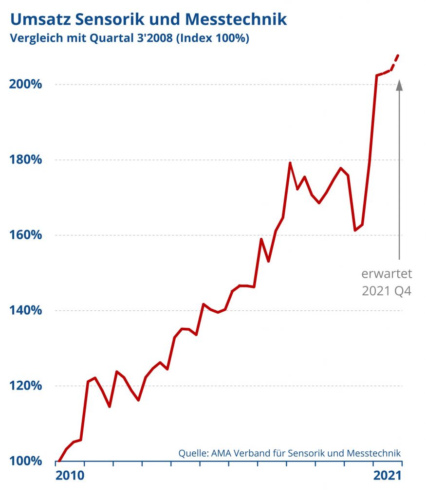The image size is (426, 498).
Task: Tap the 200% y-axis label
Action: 26,84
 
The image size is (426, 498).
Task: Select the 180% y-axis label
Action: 26,160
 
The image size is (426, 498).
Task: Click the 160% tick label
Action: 26,235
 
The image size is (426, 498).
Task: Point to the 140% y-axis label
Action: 26,310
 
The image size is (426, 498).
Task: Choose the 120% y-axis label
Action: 26,386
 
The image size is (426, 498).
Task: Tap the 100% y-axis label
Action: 26,461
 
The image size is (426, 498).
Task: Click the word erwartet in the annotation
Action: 387,273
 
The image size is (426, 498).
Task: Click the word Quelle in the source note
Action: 193,453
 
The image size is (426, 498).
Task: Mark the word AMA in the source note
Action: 222,453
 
